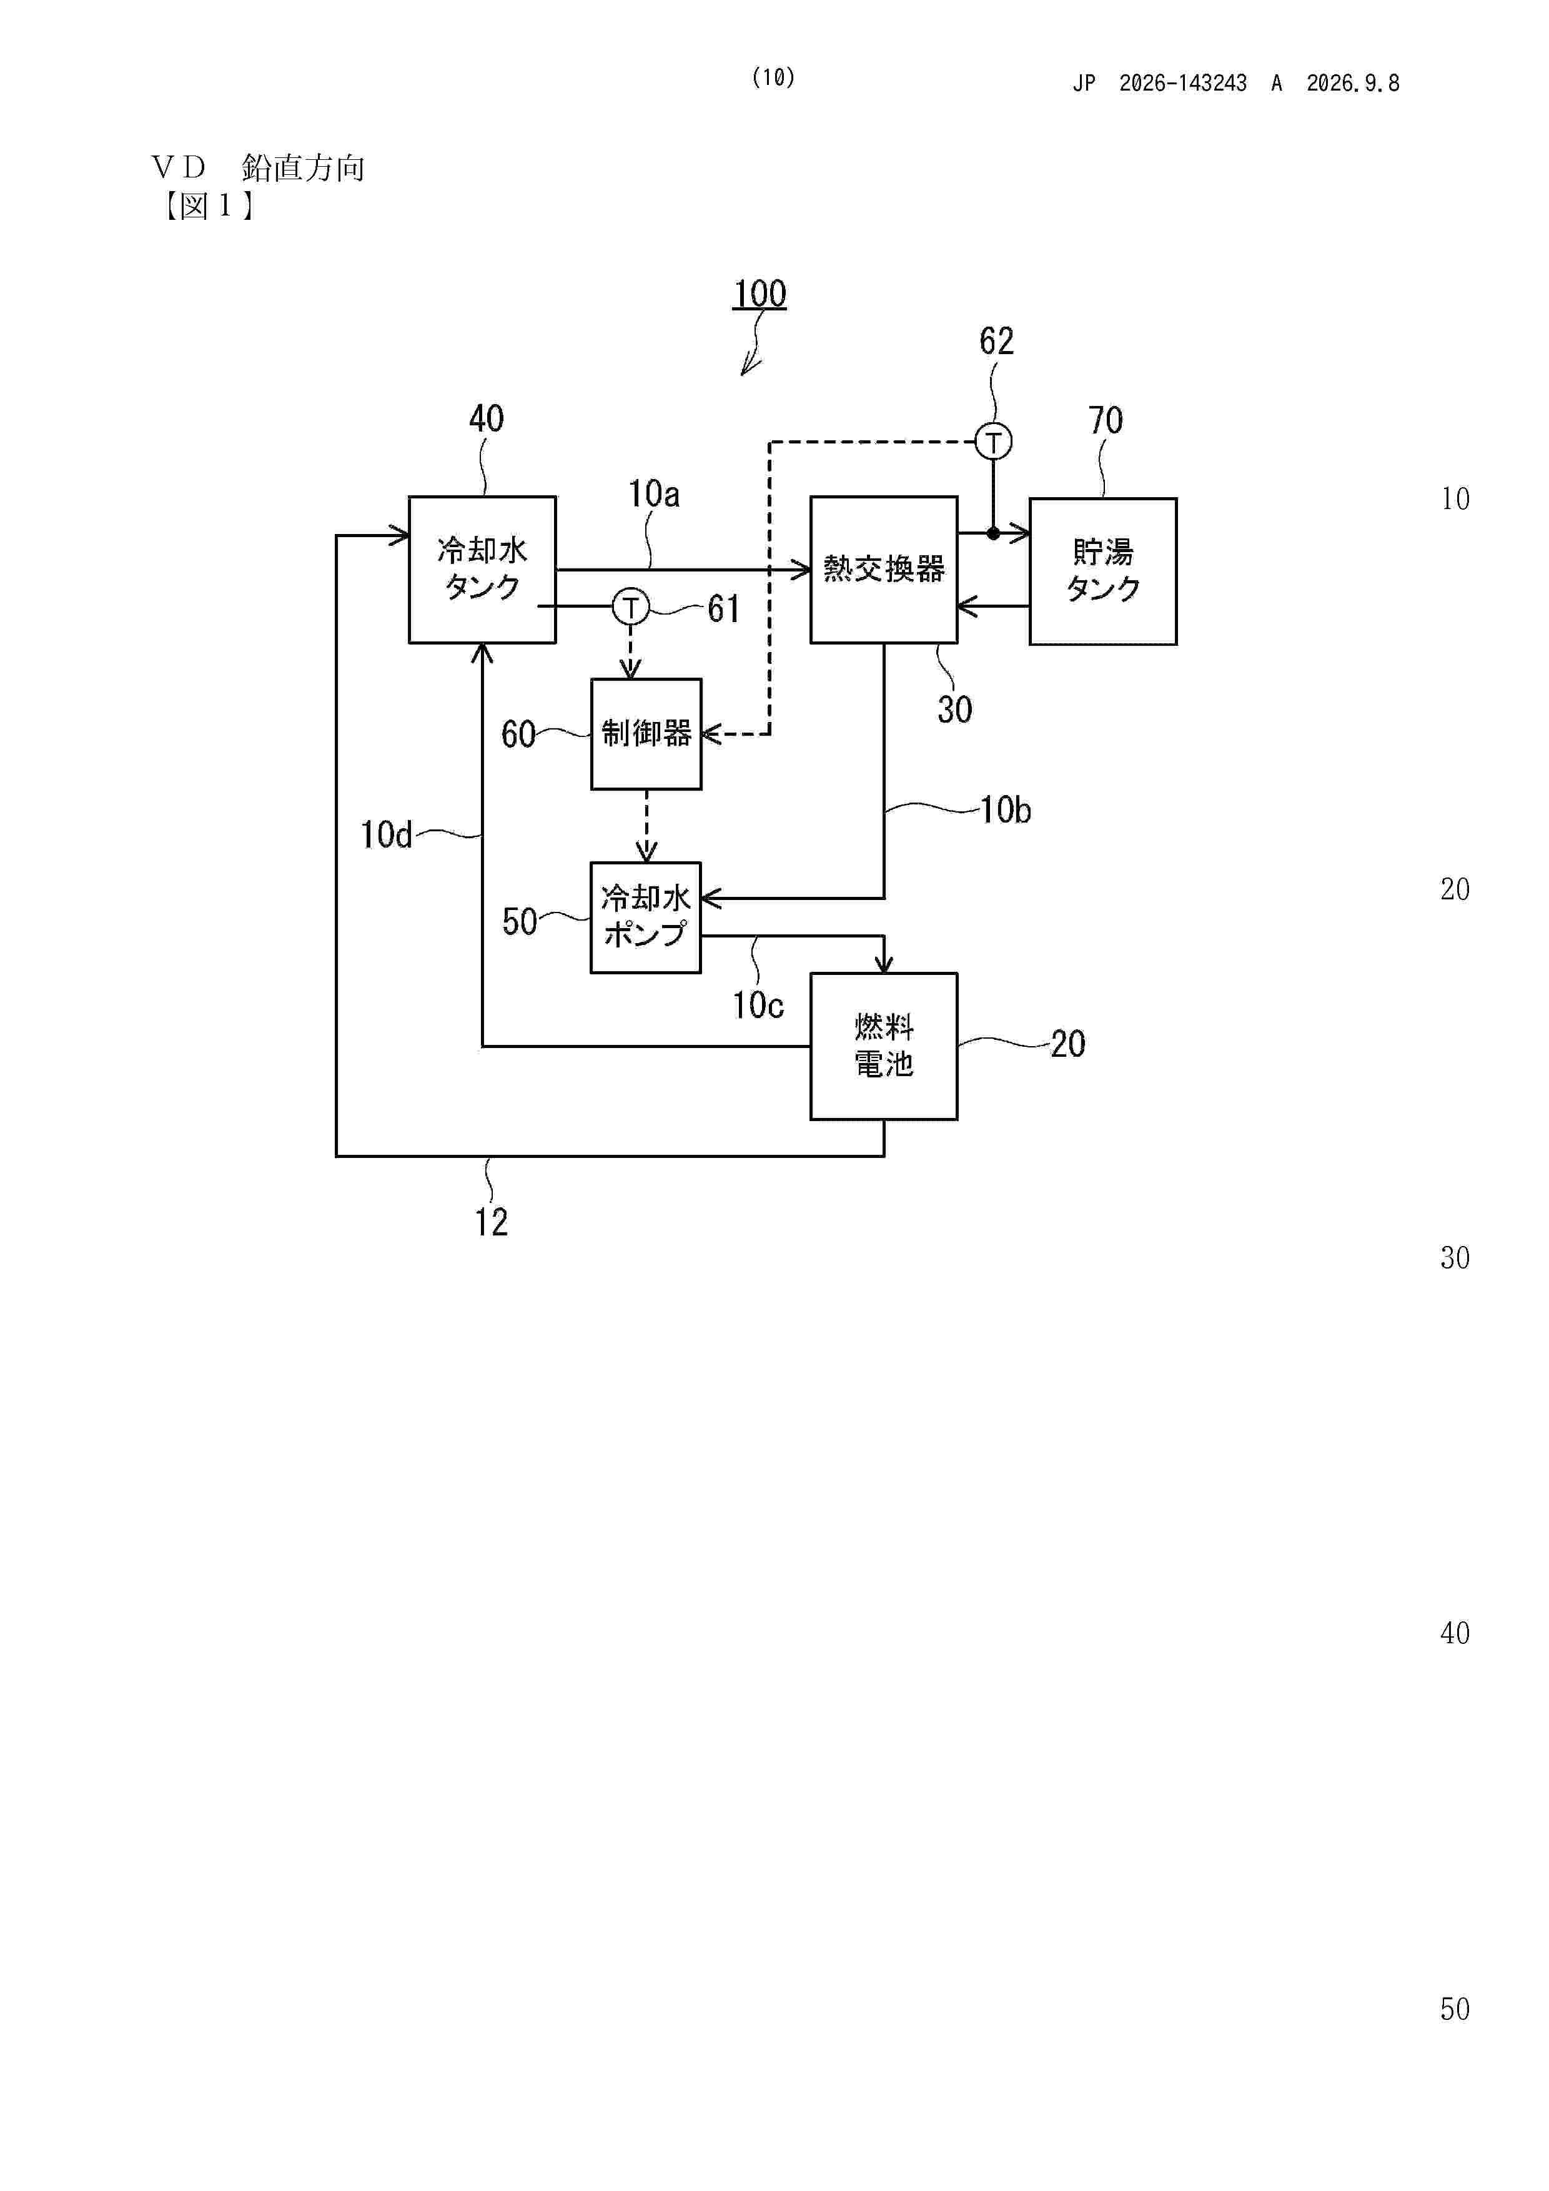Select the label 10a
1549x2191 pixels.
[654, 493]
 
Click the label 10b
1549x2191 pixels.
[1006, 810]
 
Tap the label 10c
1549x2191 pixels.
[758, 1005]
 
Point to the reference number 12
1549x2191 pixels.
[492, 1222]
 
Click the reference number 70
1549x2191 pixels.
[1105, 420]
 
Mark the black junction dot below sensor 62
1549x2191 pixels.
[994, 533]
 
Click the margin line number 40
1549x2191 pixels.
[1455, 1633]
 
